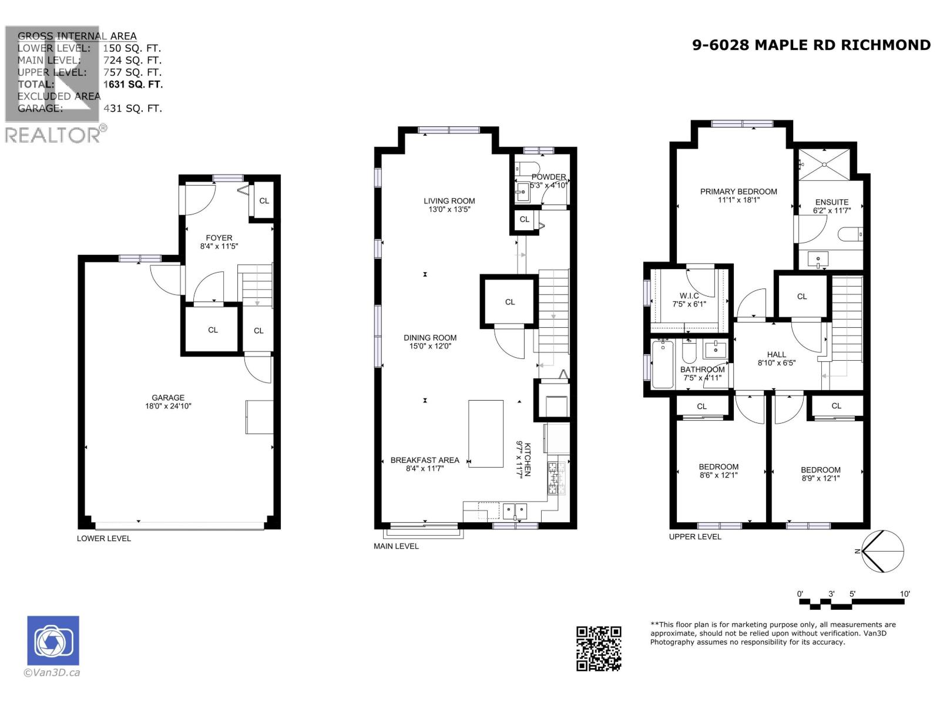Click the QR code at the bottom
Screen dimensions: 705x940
(599, 648)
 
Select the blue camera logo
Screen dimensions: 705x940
(53, 640)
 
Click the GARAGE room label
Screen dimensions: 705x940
(168, 398)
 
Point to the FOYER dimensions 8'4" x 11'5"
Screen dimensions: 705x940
(219, 246)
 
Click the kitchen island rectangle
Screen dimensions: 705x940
(486, 434)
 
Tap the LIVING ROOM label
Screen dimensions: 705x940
(449, 201)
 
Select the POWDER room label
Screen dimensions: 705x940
(549, 177)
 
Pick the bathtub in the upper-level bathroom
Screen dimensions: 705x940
(663, 365)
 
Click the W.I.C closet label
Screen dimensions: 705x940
(689, 296)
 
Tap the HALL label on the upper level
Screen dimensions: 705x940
(776, 354)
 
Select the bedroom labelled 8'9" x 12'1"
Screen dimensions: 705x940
(820, 474)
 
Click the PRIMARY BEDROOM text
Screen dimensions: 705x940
(738, 192)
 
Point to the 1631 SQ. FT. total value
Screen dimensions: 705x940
(133, 84)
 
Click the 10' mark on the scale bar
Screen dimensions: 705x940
(905, 594)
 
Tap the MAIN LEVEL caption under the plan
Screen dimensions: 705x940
(396, 546)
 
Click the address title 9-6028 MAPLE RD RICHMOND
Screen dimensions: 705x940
(811, 45)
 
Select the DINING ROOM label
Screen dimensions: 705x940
(430, 338)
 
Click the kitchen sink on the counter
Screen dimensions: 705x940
(514, 511)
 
